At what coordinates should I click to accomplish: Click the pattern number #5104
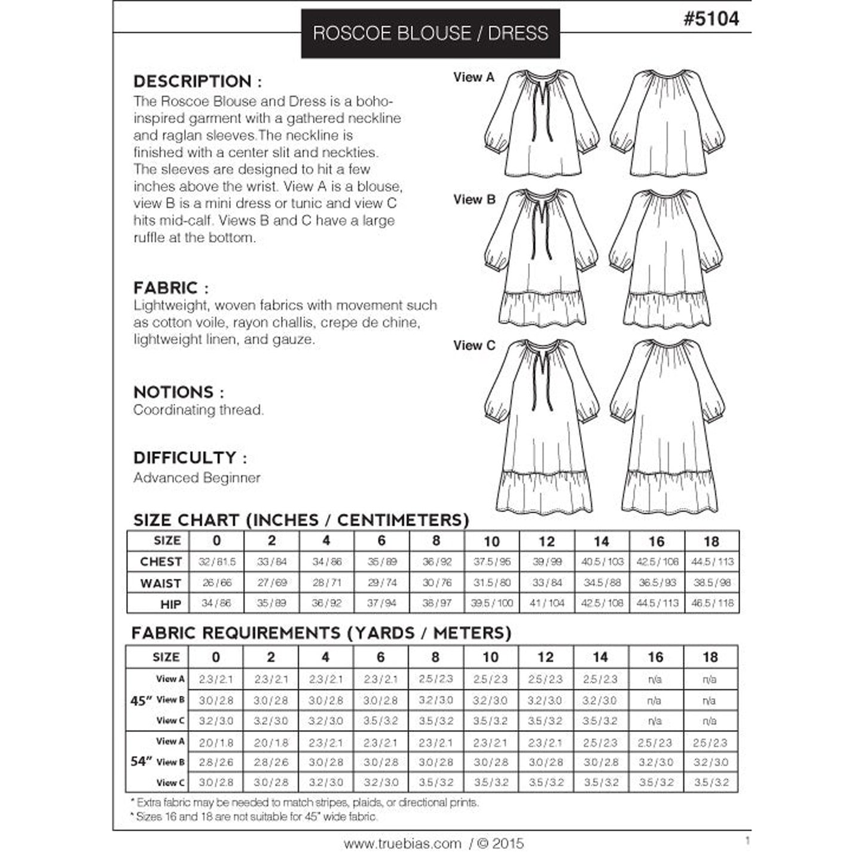(711, 19)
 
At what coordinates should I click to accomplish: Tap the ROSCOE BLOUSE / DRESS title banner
(431, 33)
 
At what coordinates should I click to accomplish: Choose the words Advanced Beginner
(197, 478)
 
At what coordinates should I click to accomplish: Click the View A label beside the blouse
(474, 77)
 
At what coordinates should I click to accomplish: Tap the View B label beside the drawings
(474, 200)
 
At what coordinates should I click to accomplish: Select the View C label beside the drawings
(474, 346)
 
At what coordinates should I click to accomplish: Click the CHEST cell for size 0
(216, 562)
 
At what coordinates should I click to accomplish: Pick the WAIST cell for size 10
(491, 583)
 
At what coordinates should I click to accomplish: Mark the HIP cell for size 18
(712, 603)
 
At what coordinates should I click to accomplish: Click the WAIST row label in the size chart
(160, 584)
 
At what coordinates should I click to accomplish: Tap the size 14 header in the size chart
(601, 542)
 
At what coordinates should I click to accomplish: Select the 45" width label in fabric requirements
(139, 701)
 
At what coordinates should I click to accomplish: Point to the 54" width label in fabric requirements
(139, 762)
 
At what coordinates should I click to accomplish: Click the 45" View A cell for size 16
(655, 680)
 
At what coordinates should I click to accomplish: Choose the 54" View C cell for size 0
(216, 783)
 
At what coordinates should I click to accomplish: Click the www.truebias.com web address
(402, 844)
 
